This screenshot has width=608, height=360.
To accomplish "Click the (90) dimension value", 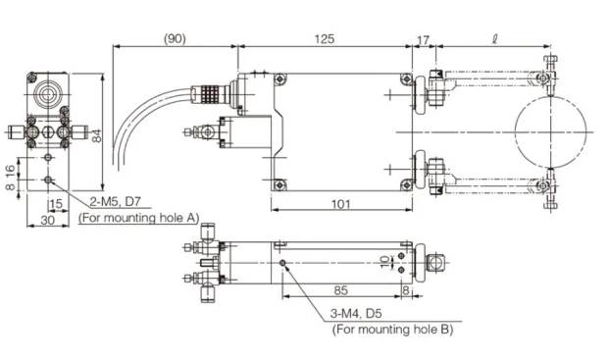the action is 175,39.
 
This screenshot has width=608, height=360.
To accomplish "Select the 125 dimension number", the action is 325,39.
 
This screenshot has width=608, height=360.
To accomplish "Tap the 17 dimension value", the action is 423,40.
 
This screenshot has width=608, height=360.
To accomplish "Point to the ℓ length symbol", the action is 494,39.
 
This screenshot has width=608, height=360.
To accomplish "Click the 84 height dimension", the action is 97,135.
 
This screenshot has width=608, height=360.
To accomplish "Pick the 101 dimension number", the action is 341,204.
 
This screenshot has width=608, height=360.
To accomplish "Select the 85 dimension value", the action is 341,290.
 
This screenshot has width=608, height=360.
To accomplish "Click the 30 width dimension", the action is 48,220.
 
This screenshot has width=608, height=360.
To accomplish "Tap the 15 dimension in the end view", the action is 56,204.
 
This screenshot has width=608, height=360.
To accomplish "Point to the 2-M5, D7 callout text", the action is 115,202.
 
